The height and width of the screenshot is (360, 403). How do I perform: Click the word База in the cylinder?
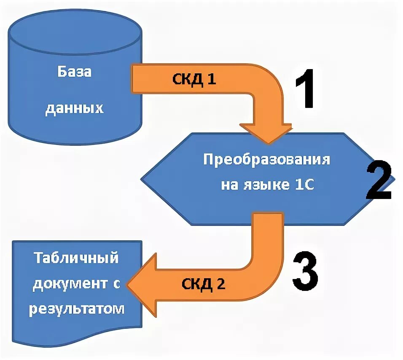[74, 72]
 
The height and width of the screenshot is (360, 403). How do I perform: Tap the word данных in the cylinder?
[74, 108]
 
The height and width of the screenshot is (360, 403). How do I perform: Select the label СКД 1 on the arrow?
[194, 80]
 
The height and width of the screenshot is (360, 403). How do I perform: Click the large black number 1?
[310, 90]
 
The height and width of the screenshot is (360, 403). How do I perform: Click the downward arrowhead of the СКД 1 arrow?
[266, 134]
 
